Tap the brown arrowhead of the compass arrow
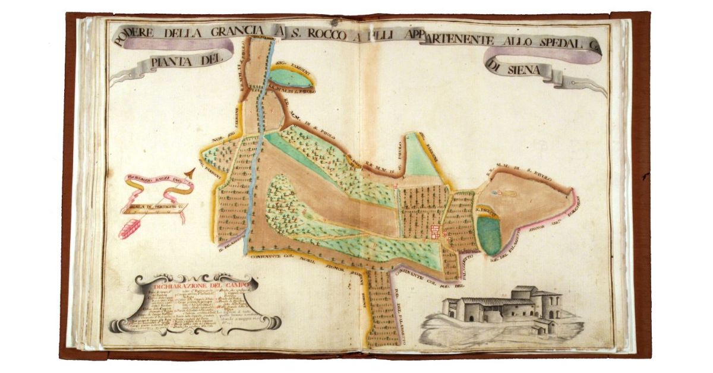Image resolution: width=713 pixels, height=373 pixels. click(x=190, y=173)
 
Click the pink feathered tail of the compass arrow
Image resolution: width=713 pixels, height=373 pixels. click(x=129, y=228)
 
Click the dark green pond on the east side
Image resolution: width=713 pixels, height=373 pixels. click(x=488, y=235)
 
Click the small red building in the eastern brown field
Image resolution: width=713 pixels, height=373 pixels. click(x=500, y=193)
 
